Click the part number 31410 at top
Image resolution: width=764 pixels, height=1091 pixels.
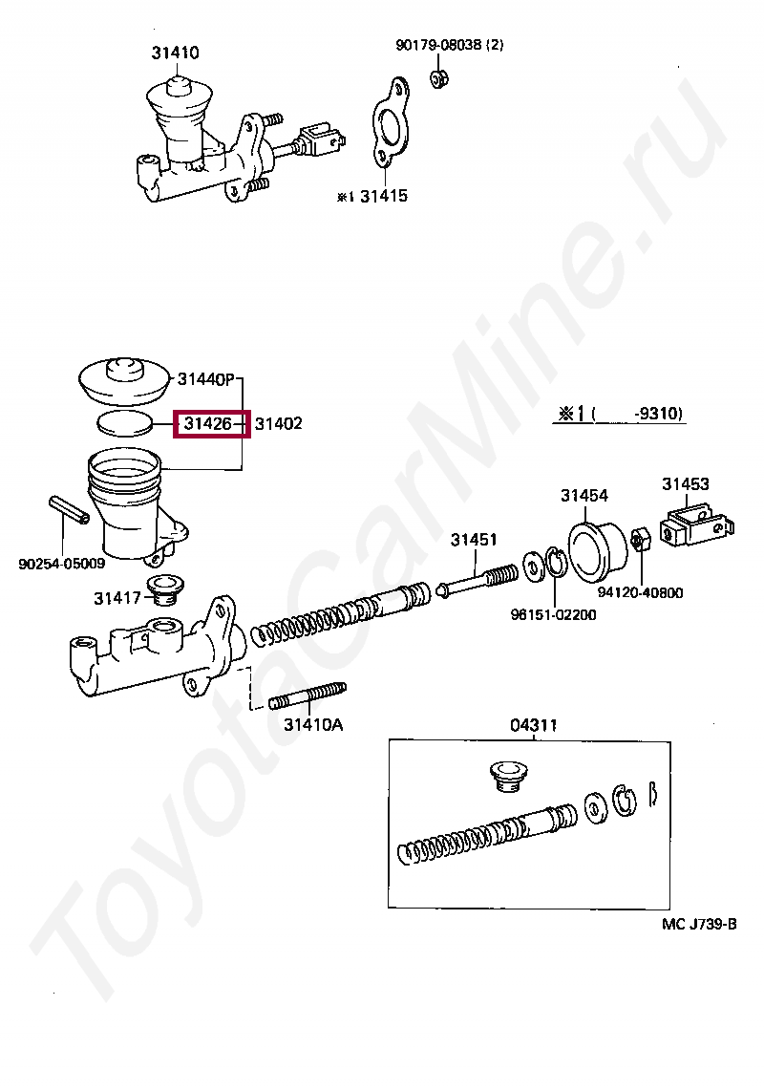pos(175,53)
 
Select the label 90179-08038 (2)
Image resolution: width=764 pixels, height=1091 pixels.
pos(449,45)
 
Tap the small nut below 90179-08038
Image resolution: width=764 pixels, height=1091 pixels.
pos(439,79)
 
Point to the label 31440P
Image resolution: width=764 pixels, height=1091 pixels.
pos(205,379)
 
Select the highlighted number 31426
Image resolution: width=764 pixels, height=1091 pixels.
pos(210,422)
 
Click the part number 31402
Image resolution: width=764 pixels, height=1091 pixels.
pos(278,422)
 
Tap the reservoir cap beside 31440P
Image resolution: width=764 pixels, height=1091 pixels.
pos(122,381)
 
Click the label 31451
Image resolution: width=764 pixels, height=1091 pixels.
pos(474,540)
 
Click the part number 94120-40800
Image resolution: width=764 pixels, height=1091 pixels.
pos(640,592)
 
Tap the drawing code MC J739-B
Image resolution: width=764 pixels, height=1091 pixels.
pos(699,923)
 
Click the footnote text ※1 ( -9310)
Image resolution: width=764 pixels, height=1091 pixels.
pos(621,415)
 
